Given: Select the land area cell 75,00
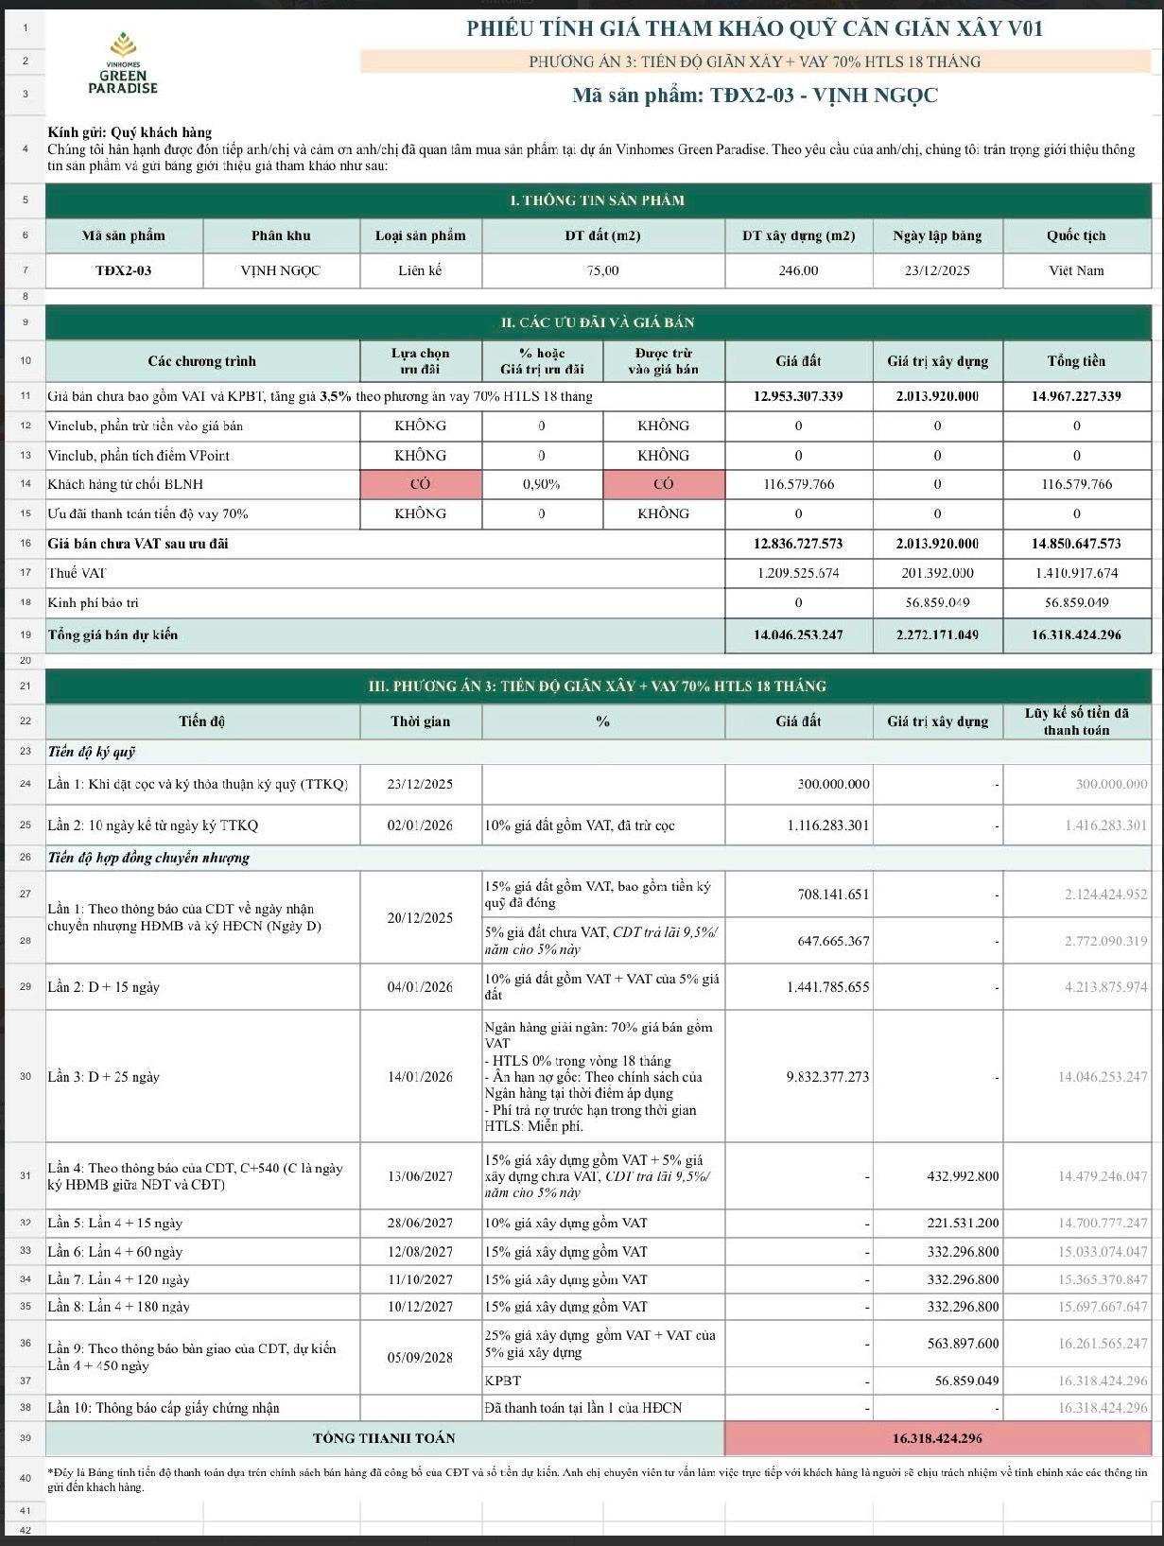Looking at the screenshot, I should coord(602,270).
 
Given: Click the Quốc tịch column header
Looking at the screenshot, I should coord(1076,235).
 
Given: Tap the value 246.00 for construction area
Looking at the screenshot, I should coord(798,270).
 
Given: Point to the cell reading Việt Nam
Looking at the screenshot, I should coord(1076,270).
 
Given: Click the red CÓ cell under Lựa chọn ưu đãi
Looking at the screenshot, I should coord(420,484).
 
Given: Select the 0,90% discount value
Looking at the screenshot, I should coord(541,484).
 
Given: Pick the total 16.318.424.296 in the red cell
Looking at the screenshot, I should coord(937,1438).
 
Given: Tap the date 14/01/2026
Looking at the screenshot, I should coord(420,1077).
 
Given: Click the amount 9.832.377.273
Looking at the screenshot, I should coord(826,1077).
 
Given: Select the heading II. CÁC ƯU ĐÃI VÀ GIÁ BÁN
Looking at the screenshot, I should coord(598,322).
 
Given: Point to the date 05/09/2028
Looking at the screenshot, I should coord(420,1358).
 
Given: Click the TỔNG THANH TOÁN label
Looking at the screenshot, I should coord(384,1438).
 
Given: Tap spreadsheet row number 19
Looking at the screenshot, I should coord(26,634).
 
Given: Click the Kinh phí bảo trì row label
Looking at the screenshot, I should coord(94,602).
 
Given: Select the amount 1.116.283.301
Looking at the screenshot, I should coord(827,825).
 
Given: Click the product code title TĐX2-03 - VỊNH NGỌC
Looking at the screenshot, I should coord(755,96).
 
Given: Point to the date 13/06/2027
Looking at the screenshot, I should coord(420,1176).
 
